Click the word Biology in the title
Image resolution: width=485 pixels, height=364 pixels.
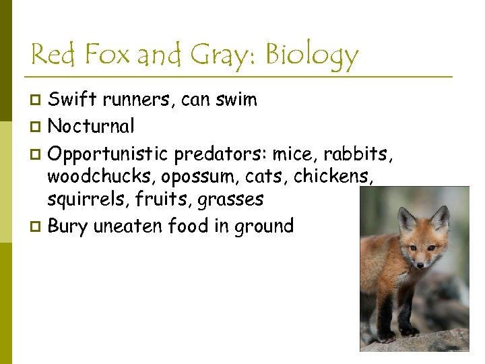312,55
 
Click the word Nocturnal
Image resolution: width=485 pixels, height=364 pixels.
91,126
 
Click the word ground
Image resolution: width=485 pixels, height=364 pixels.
264,226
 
